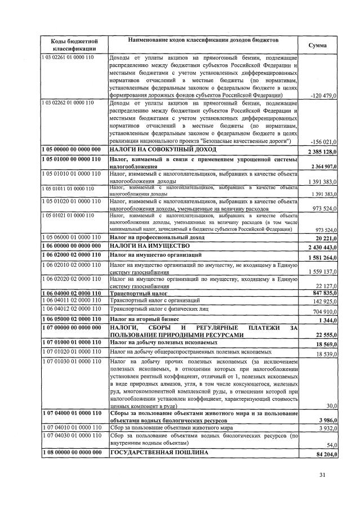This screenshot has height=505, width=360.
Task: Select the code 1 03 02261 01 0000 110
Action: [68, 58]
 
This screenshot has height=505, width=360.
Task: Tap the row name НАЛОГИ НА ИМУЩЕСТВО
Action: [145, 246]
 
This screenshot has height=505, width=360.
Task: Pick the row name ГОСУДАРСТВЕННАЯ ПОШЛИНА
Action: [159, 452]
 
